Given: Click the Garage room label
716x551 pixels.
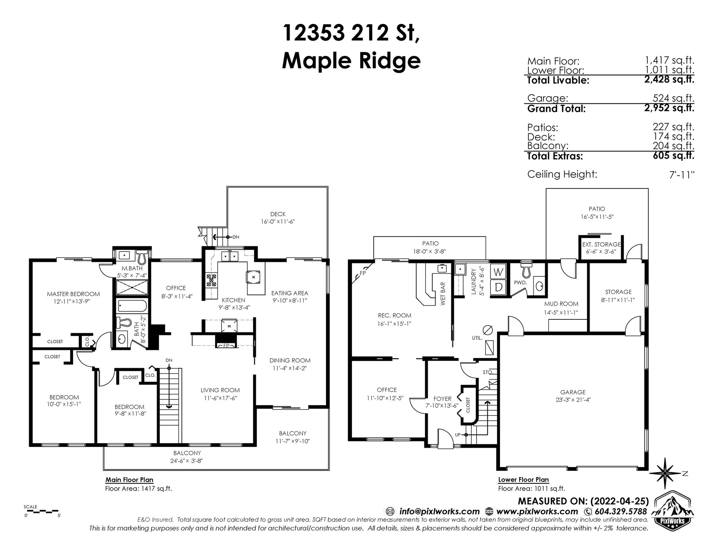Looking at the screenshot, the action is point(573,392).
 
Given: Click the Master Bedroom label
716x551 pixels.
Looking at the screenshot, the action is point(73,294).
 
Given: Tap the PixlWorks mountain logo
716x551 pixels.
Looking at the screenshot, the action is point(675,517).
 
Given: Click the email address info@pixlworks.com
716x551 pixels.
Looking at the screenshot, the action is point(439,511).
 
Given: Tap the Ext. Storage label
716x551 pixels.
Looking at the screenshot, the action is point(602,245).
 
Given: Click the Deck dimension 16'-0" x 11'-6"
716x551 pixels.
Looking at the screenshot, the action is point(278,222).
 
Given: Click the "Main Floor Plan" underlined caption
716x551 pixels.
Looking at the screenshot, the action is point(129,480).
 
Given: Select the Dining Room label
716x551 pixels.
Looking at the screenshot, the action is point(290,360).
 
